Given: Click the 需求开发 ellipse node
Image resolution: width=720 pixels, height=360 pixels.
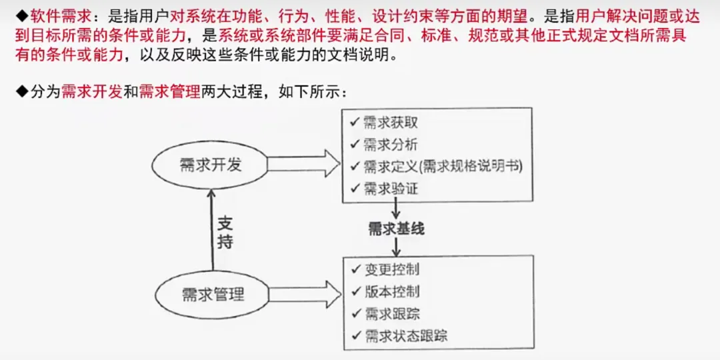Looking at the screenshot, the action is point(210,164).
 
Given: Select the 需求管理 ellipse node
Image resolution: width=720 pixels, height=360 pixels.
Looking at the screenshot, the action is point(213,294).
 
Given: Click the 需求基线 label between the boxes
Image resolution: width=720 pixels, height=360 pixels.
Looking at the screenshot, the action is point(397,229).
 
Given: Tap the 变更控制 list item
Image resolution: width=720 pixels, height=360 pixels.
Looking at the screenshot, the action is point(392,270).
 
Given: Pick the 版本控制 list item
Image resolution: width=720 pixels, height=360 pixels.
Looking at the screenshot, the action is point(392,291).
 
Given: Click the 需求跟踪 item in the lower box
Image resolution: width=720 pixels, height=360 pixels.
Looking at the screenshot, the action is point(392,313).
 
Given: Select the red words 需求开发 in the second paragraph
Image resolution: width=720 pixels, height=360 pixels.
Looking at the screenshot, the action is point(92,92).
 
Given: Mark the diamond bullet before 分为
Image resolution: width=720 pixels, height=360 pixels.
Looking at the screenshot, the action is point(23,92).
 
